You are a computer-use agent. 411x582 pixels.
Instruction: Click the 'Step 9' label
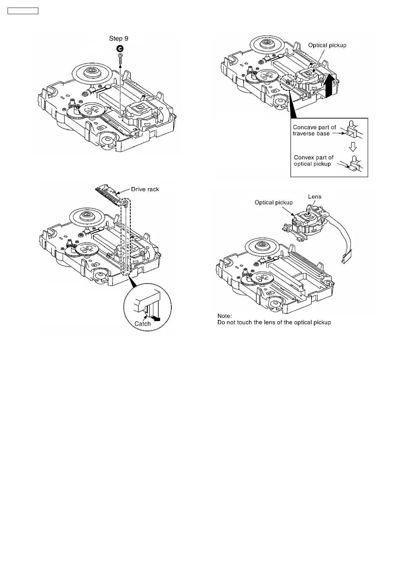coord(118,38)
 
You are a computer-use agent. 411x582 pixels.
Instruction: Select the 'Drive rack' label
coord(145,189)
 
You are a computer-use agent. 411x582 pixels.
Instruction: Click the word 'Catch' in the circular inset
coord(143,324)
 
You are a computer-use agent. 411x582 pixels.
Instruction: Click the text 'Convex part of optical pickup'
coord(314,161)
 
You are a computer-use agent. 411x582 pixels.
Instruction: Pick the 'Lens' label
coord(314,197)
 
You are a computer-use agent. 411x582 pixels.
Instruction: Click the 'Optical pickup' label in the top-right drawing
coord(327,45)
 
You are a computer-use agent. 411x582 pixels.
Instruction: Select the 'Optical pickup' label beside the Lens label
coord(274,203)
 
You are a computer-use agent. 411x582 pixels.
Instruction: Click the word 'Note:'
coord(224,316)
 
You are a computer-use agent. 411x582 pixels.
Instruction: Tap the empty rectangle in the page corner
coord(23,11)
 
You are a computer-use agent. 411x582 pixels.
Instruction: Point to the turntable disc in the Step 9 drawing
coord(93,71)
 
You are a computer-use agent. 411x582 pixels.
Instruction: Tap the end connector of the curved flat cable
coord(346,259)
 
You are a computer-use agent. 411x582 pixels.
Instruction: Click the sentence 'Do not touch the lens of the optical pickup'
coord(274,322)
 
